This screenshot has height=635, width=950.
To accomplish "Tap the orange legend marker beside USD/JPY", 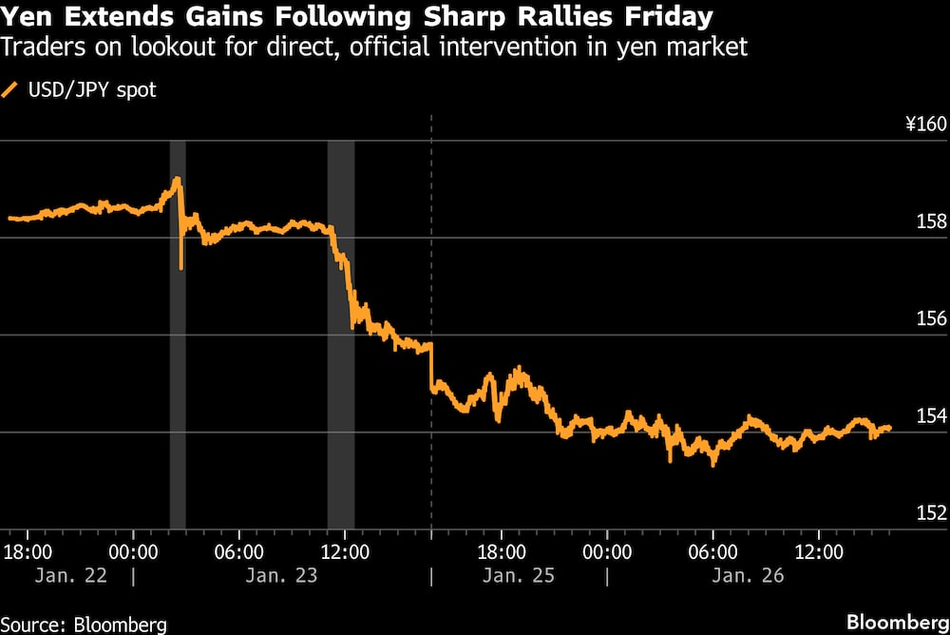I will pos(11,91).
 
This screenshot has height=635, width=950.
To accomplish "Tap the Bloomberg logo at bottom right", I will pos(891,622).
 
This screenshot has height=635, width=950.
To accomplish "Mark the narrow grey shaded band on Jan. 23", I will pos(178,333).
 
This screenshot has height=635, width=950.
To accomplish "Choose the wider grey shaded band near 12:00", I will pos(340,333).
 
